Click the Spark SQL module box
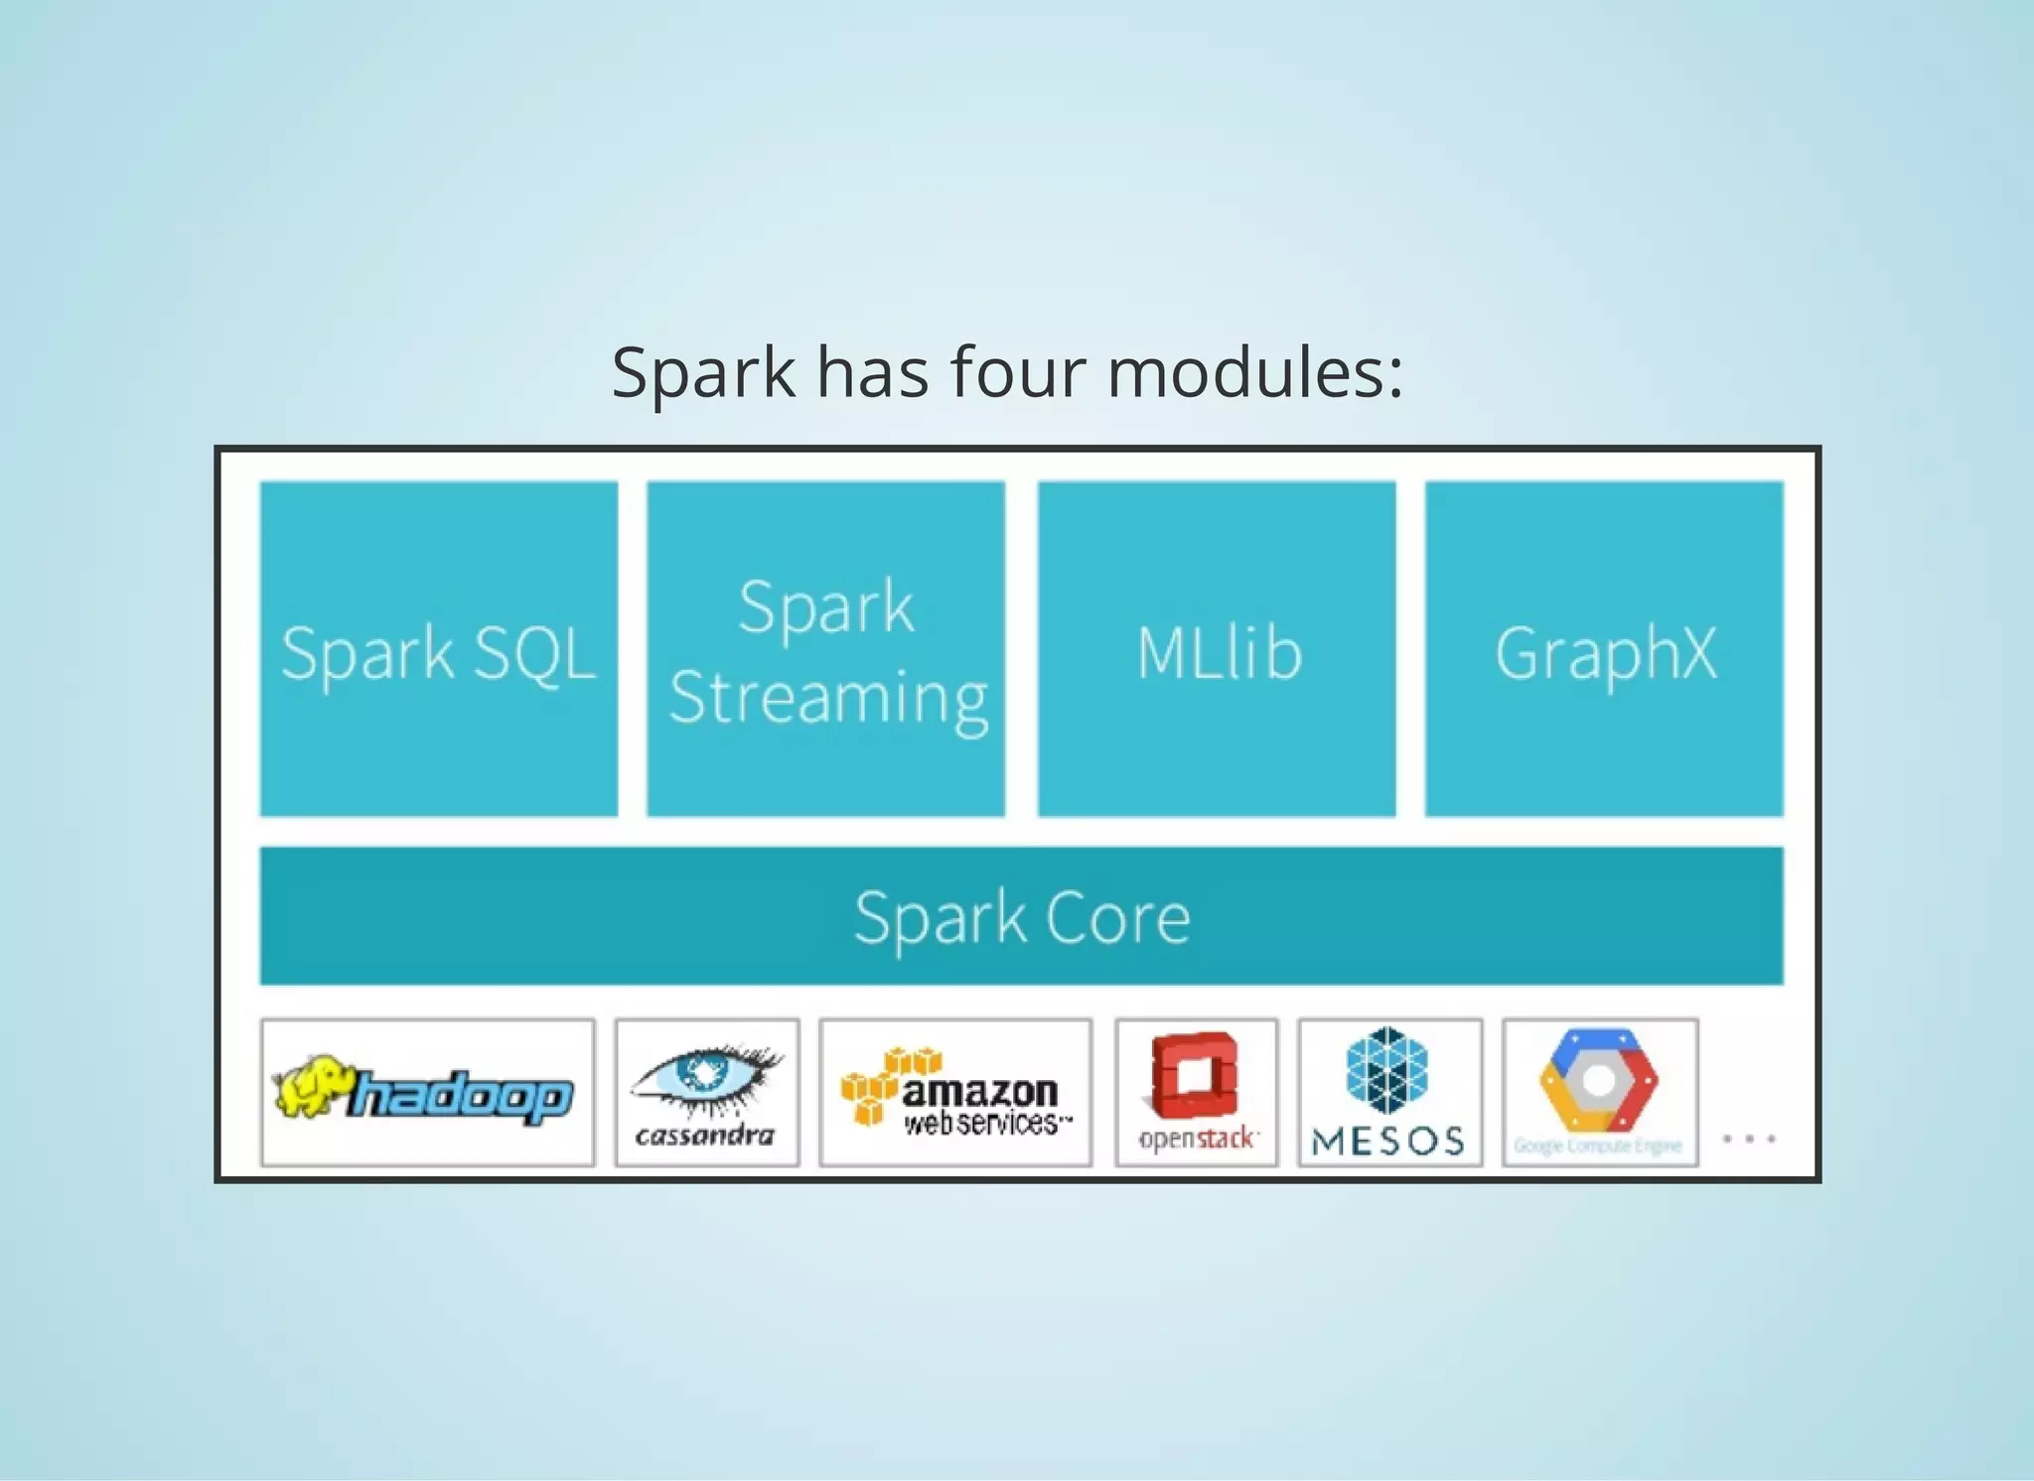[x=438, y=649]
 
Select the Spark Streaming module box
[x=825, y=649]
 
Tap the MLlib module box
[x=1217, y=649]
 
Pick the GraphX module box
[x=1604, y=649]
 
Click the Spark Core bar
[x=1021, y=915]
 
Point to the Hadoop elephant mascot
[x=310, y=1086]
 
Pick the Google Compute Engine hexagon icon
[x=1599, y=1080]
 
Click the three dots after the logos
[x=1749, y=1139]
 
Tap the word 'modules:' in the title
[x=1255, y=372]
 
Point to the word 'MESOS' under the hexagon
[x=1388, y=1142]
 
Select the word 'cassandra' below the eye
[x=705, y=1135]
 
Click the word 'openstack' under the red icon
[x=1198, y=1138]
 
